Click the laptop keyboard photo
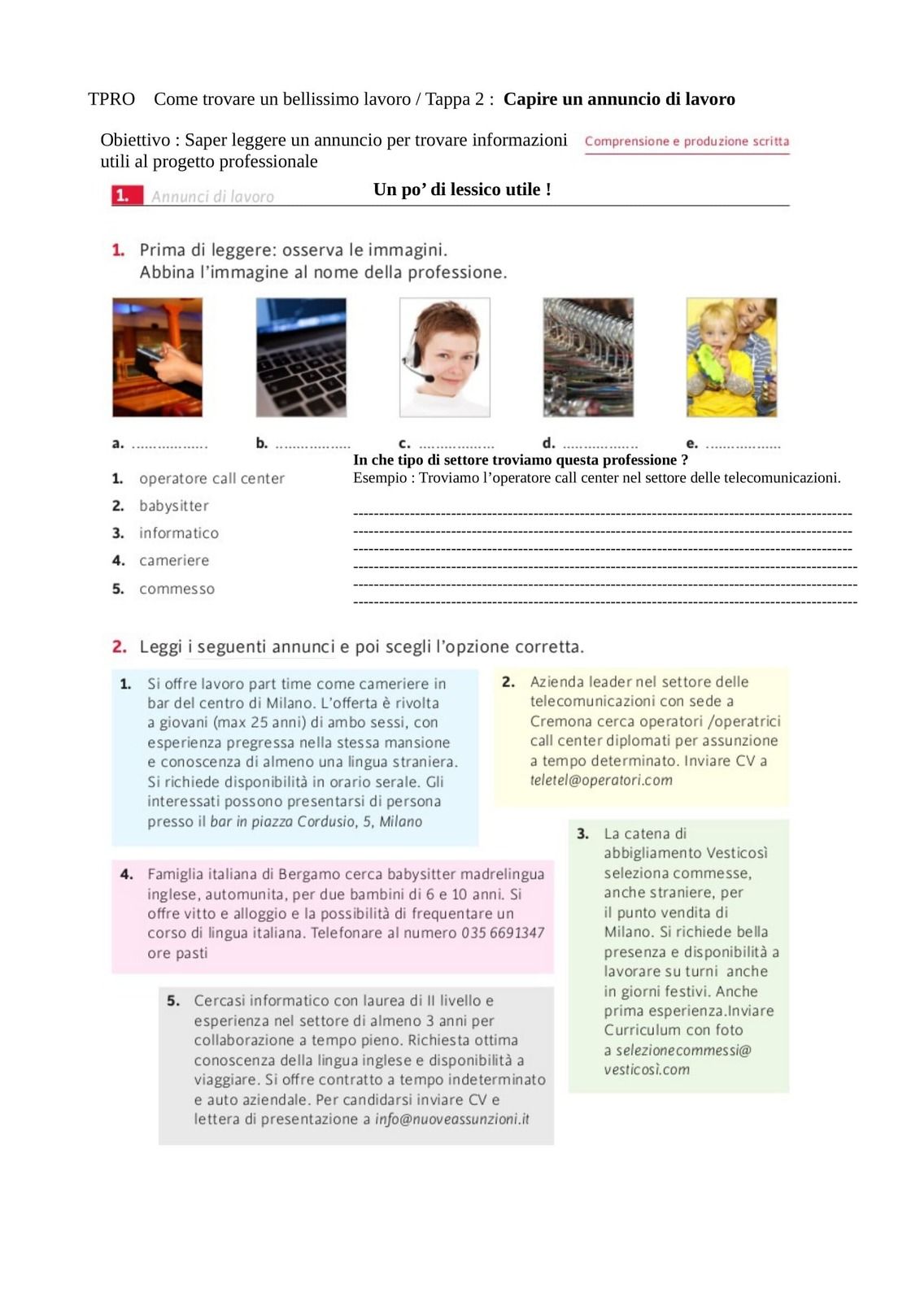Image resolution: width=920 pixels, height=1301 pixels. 301,357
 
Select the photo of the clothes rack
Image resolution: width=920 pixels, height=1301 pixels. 588,357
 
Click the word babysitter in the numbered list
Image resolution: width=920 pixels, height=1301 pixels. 174,506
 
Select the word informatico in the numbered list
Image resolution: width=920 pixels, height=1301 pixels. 179,533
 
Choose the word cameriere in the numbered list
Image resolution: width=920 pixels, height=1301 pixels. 174,561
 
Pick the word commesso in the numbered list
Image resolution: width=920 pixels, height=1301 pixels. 177,589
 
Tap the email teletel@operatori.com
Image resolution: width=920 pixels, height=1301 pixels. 601,781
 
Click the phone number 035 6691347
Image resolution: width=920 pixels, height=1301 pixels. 503,933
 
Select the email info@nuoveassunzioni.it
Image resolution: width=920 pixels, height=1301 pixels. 451,1120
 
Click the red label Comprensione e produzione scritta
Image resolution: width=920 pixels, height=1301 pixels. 687,141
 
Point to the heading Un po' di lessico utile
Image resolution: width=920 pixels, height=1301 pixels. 462,189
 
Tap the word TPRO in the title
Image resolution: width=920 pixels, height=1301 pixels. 111,99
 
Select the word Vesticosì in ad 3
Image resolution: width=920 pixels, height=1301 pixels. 737,853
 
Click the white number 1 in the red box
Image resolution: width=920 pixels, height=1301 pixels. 122,196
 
